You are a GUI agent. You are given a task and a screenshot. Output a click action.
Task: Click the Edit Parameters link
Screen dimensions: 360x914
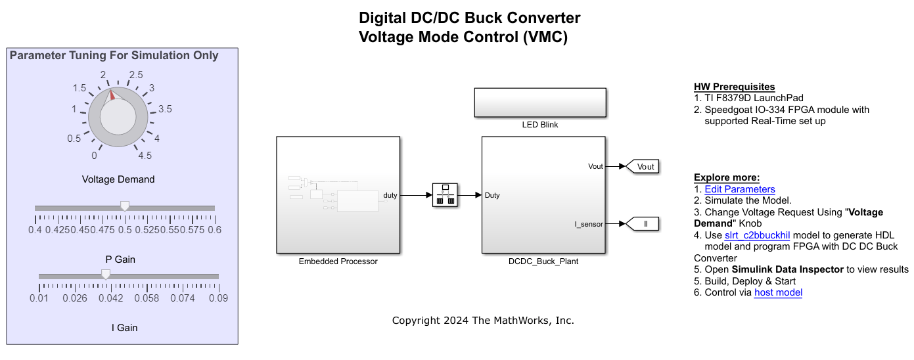[740, 189]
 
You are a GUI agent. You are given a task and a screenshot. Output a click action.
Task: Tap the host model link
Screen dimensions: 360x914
[778, 292]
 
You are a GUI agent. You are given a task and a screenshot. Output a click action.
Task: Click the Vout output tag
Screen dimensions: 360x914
[644, 167]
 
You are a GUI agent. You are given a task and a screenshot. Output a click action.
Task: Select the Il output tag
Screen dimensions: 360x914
[644, 224]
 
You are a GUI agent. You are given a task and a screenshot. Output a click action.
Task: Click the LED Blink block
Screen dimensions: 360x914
[539, 103]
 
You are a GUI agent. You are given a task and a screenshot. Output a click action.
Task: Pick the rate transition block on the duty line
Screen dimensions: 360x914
[445, 195]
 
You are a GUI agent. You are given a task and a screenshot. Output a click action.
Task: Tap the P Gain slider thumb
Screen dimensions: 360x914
[125, 206]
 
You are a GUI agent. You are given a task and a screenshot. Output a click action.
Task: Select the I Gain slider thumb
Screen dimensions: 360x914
[105, 275]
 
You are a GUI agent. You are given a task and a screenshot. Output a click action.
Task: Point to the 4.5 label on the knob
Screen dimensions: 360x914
[145, 156]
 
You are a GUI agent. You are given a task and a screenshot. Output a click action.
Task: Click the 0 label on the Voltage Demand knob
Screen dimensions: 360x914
[95, 156]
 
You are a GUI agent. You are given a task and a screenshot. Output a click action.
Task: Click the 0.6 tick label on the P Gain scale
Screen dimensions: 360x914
[214, 230]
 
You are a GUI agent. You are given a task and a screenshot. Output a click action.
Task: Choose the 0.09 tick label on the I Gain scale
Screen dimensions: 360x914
[219, 298]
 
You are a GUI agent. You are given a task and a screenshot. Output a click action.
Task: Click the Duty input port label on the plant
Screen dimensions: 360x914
[492, 195]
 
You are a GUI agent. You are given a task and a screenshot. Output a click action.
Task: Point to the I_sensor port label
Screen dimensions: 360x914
[589, 224]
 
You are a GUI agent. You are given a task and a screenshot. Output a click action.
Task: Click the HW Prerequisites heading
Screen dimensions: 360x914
[734, 87]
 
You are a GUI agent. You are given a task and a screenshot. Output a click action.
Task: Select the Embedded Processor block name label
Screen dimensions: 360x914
[338, 261]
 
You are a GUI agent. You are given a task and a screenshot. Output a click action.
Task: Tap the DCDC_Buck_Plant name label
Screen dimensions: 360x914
[543, 261]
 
